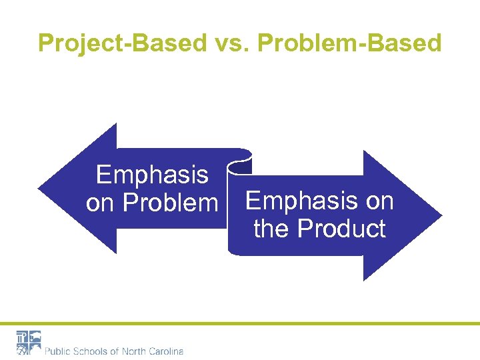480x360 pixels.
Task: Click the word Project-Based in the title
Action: [x=123, y=43]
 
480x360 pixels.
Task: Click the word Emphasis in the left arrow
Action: [x=152, y=175]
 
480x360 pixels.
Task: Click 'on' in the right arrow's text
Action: [x=379, y=201]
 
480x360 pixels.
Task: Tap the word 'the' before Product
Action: [x=272, y=229]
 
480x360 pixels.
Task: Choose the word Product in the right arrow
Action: [x=341, y=229]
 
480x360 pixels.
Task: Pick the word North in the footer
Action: [x=136, y=351]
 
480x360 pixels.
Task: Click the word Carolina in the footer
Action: [x=167, y=351]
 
